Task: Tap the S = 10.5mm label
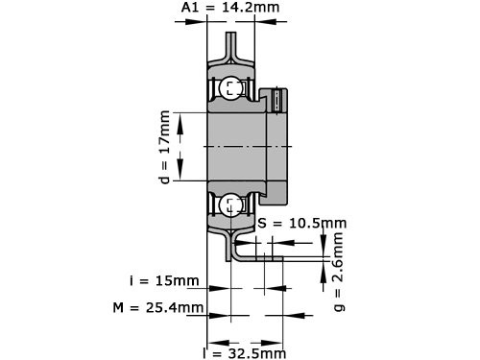(302, 223)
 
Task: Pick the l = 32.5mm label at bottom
(248, 351)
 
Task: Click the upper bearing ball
(229, 89)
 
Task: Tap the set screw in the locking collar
(278, 99)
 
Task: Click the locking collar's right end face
(287, 145)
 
